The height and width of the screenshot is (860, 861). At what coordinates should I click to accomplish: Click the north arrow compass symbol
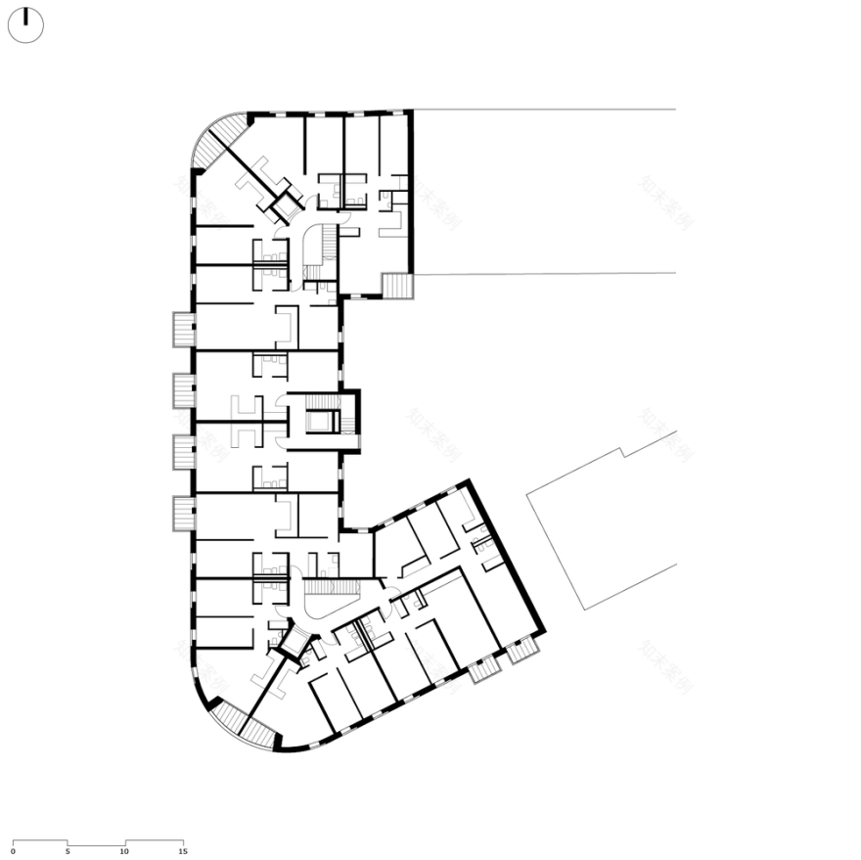25,25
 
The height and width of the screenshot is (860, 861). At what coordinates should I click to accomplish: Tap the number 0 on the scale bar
13,851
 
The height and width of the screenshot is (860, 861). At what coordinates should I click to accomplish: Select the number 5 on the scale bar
68,851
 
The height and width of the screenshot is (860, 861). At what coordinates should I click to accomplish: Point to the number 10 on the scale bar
124,851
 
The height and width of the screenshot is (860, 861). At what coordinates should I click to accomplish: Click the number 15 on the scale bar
182,851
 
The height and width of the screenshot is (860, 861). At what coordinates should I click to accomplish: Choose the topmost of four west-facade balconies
184,330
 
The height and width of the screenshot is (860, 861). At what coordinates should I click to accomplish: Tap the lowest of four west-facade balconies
184,514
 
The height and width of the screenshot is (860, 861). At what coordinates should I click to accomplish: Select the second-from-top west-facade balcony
184,391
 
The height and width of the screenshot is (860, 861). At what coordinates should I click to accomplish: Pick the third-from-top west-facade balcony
184,452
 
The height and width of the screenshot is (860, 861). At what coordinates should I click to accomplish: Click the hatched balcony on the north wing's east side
398,286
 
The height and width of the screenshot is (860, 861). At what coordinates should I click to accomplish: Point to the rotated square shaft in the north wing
287,206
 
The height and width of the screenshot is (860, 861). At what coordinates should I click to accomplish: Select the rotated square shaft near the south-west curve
292,640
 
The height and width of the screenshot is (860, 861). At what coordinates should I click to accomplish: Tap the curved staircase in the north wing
318,249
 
